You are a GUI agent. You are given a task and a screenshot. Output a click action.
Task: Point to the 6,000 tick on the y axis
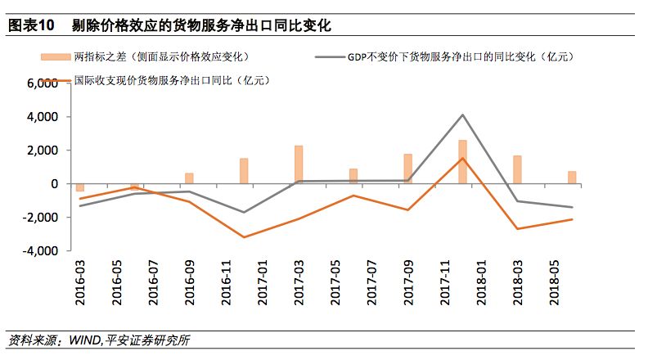(39, 83)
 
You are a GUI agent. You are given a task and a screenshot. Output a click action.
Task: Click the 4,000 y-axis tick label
(39, 117)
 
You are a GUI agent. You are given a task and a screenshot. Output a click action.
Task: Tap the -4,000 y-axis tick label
(38, 251)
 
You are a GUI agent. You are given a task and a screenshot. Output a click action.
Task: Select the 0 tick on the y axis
(52, 184)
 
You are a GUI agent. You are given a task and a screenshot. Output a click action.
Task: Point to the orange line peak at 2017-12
(462, 159)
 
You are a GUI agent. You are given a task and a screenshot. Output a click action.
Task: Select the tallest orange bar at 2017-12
(462, 162)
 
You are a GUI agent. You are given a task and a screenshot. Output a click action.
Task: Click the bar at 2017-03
(299, 164)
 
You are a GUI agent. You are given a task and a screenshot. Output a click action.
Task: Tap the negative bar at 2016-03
(80, 187)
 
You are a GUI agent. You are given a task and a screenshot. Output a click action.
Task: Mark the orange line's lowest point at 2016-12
(244, 237)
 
